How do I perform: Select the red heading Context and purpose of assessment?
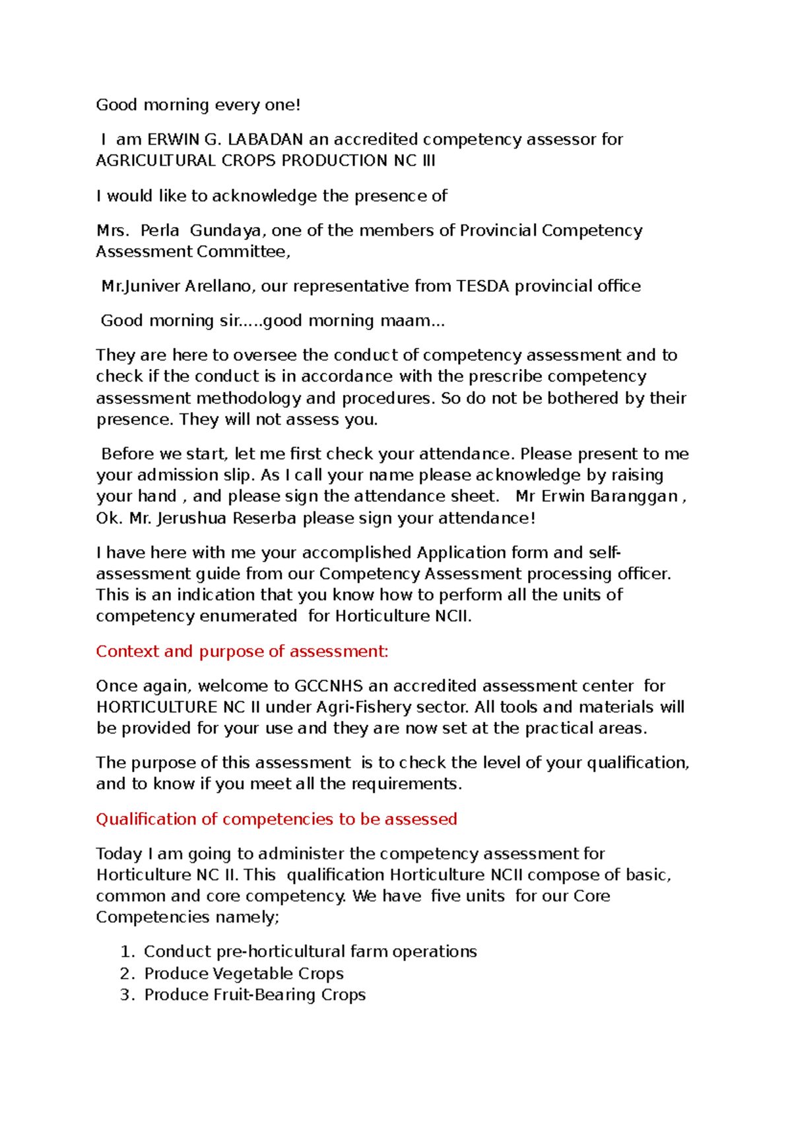coord(242,652)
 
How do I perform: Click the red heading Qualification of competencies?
coord(277,819)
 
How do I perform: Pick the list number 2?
coord(127,974)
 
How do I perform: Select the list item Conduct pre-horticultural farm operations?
coord(310,951)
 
